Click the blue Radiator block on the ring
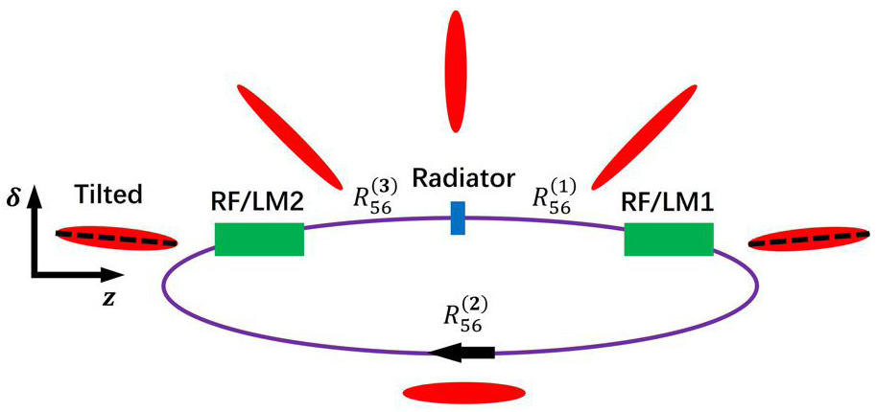pyautogui.click(x=458, y=217)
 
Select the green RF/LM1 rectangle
pyautogui.click(x=668, y=239)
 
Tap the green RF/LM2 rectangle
pyautogui.click(x=259, y=239)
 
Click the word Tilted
pyautogui.click(x=107, y=195)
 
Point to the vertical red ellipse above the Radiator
pyautogui.click(x=461, y=73)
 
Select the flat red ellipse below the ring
pyautogui.click(x=462, y=392)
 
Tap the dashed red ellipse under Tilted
pyautogui.click(x=117, y=238)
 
